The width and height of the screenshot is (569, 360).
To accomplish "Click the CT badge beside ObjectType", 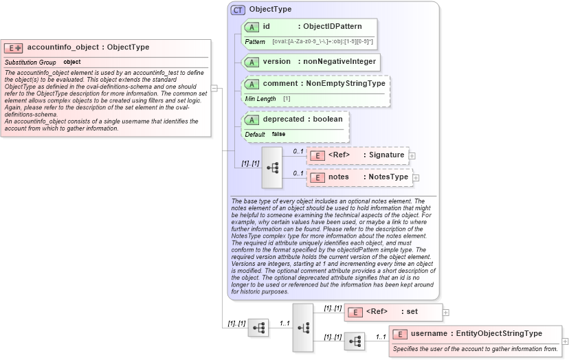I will coord(238,10).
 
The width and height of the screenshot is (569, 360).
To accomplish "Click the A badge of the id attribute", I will coord(252,27).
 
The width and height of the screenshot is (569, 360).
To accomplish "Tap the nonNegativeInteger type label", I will coord(339,62).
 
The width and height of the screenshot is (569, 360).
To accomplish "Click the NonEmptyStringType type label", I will coord(345,84).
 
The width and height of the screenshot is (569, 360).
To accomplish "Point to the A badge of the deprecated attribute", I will coord(252,120).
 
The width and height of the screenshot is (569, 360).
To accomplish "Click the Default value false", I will coord(278,134).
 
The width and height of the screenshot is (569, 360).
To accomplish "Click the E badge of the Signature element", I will coord(317,155).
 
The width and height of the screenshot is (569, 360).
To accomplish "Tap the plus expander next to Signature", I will coord(412,156).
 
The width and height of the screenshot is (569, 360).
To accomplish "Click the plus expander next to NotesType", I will coord(416,178).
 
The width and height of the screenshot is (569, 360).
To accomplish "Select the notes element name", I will coord(339,177).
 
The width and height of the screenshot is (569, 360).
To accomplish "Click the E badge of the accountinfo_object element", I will coord(14,48).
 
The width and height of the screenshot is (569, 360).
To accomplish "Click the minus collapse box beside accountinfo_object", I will coord(214,88).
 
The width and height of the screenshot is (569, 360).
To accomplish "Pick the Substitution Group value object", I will coord(72,63).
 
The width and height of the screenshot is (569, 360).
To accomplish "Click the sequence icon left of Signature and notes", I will coord(272,167).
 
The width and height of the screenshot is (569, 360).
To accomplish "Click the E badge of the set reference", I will coord(355,312).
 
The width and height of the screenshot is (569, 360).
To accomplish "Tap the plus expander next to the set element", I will coord(446,313).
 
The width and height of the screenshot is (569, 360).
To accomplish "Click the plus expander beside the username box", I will coord(566,341).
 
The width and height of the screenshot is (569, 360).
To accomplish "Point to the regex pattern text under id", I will coord(322,42).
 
